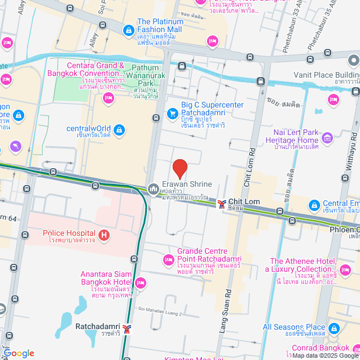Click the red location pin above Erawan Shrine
coord(179,168)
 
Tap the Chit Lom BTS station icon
coord(222,203)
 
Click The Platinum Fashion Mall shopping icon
coord(128,29)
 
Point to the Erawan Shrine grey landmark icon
coord(152,188)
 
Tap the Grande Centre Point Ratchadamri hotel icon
coord(168,259)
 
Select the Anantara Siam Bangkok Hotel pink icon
coord(141,282)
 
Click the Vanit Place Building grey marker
coord(353,60)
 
